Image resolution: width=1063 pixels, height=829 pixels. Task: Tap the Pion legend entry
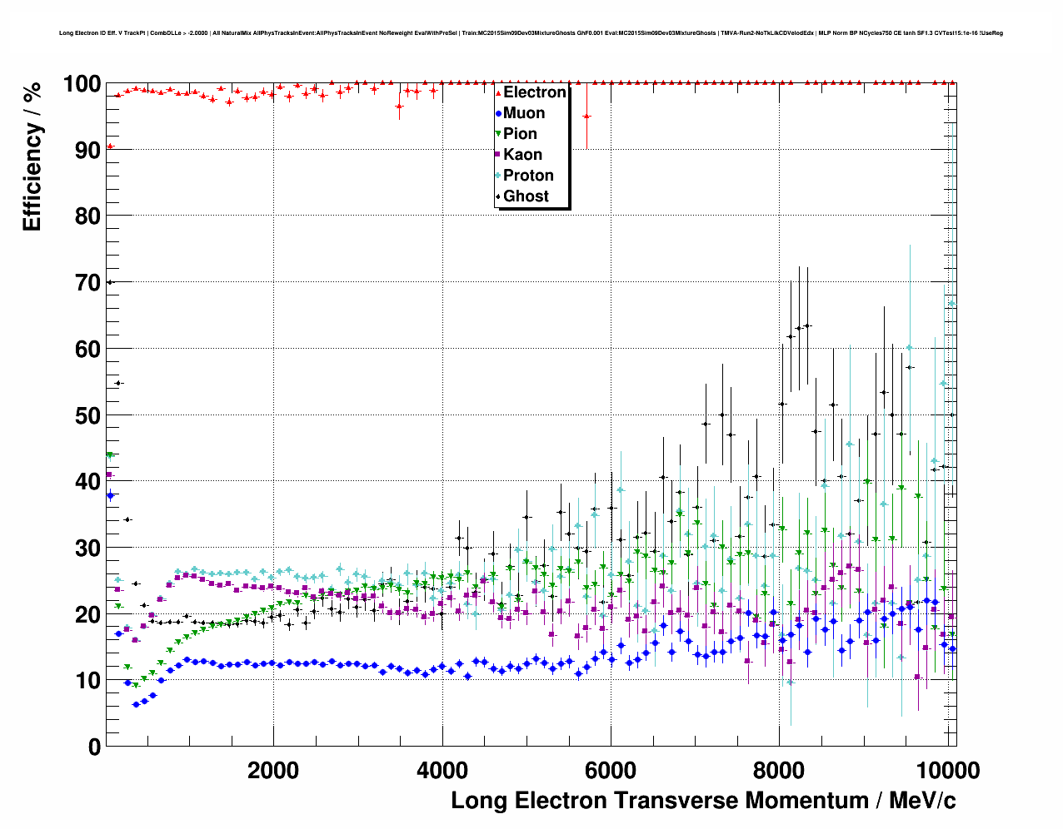coord(519,134)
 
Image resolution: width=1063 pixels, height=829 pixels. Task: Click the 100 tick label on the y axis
coord(82,84)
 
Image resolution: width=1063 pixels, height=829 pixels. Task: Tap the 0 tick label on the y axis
coord(94,747)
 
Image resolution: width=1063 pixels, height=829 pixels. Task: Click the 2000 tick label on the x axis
coord(273,771)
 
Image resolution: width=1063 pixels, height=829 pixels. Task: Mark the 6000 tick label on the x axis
coord(611,771)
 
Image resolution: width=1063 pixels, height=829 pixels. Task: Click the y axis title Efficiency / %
coord(32,156)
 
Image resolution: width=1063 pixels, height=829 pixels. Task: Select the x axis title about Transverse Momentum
coord(703,801)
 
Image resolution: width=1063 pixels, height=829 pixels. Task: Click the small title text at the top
coord(531,33)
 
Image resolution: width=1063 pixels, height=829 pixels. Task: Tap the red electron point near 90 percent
coord(110,146)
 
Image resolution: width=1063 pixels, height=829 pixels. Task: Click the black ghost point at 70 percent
coord(109,282)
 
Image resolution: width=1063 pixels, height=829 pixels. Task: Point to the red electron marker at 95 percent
coord(586,117)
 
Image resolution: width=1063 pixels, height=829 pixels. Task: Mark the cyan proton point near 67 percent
coord(951,304)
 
